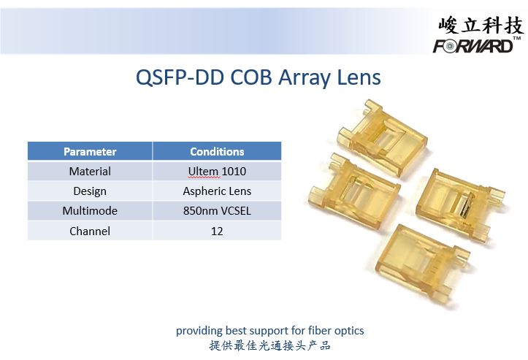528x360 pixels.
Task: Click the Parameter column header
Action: point(90,152)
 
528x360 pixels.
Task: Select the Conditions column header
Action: point(217,152)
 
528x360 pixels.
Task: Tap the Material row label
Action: point(90,172)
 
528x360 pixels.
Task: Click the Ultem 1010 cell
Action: point(217,172)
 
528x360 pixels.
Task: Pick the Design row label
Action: point(90,191)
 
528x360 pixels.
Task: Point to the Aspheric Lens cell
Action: point(217,191)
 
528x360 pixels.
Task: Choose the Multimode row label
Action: point(90,211)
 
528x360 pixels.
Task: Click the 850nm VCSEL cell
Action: point(217,211)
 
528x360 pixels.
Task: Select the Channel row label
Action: point(90,231)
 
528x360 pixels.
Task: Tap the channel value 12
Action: point(217,231)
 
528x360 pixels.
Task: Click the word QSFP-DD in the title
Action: point(180,77)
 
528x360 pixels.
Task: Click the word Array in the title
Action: point(305,78)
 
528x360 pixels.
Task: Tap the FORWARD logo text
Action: point(473,45)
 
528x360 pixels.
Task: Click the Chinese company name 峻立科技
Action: point(481,26)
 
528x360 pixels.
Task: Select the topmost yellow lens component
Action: point(382,137)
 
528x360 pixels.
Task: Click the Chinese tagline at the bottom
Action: point(269,345)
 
